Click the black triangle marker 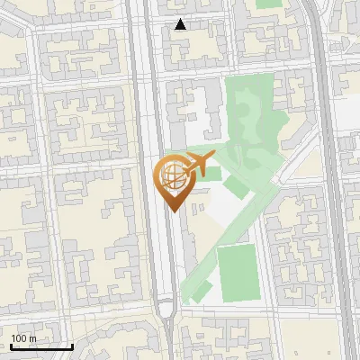point(181,24)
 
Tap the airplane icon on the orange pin point(197,166)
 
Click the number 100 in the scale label point(18,338)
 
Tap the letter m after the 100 point(32,338)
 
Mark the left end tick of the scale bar point(11,346)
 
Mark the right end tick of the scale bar point(72,346)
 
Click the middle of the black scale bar point(41,347)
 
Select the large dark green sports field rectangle point(236,271)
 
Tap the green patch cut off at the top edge point(269,4)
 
